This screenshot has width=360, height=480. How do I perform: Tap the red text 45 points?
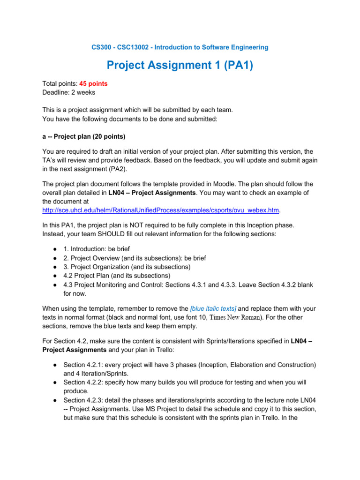tap(93, 83)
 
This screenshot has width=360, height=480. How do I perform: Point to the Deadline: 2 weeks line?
tap(68, 92)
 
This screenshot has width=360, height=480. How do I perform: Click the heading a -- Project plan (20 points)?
tap(83, 136)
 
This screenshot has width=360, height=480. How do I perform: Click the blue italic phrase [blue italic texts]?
tap(213, 308)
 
